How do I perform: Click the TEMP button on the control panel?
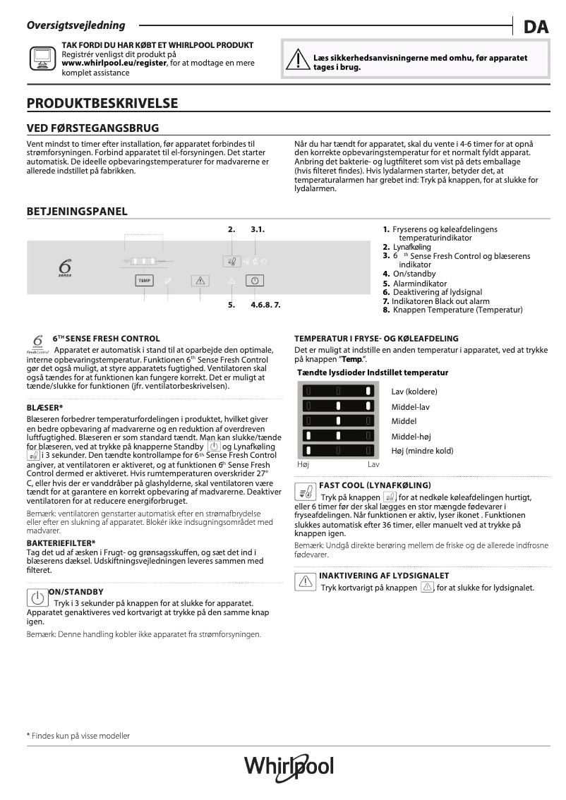point(144,280)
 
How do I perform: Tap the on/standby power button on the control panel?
point(255,280)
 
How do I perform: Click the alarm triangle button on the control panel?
point(200,280)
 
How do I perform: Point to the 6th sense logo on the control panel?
point(64,269)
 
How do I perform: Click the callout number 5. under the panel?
point(231,305)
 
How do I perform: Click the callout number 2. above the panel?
point(231,229)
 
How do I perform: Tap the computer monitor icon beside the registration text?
point(42,58)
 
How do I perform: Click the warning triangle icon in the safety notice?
point(297,62)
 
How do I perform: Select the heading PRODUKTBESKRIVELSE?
point(102,104)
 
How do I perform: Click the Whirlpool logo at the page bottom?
point(288,767)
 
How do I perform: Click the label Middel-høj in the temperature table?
point(411,436)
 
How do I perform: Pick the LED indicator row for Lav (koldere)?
point(338,392)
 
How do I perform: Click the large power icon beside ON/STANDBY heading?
point(35,599)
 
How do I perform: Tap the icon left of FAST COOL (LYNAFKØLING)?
point(306,491)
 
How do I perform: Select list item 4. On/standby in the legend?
point(409,274)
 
